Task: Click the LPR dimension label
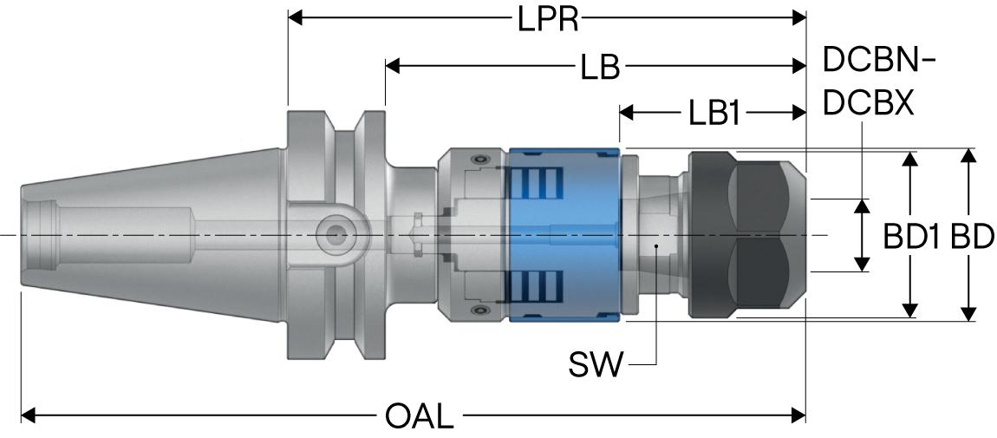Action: [x=547, y=18]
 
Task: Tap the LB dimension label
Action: [x=600, y=66]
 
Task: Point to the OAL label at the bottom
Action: [x=420, y=417]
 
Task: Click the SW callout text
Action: [x=595, y=365]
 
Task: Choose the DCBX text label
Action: [x=869, y=101]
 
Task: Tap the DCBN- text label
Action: [x=879, y=61]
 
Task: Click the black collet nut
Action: [x=747, y=234]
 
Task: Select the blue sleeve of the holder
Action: [x=564, y=234]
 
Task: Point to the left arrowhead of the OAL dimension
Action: [x=28, y=416]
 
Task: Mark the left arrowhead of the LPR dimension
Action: [x=295, y=18]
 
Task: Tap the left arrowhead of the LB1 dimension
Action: [x=626, y=114]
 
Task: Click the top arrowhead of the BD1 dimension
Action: [x=910, y=159]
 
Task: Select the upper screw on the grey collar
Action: [x=477, y=159]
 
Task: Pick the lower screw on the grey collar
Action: [x=477, y=311]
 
